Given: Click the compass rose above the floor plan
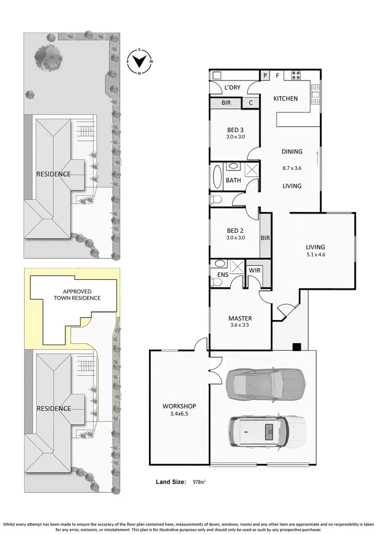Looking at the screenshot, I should [140, 61].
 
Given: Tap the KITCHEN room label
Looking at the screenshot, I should [285, 99].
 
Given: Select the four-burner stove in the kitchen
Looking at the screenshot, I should [296, 76].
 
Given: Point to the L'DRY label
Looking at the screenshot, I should [232, 88].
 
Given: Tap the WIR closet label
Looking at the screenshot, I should [254, 270].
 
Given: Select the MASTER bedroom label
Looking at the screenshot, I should [240, 318].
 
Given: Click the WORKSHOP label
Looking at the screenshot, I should [176, 406].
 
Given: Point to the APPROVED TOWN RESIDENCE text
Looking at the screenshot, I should [77, 295].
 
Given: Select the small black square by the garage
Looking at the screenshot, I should [296, 347].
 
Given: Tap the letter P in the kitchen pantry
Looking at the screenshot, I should [265, 76].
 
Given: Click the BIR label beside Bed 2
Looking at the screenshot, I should [265, 238].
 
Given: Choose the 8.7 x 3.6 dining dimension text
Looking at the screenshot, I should [291, 168].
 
